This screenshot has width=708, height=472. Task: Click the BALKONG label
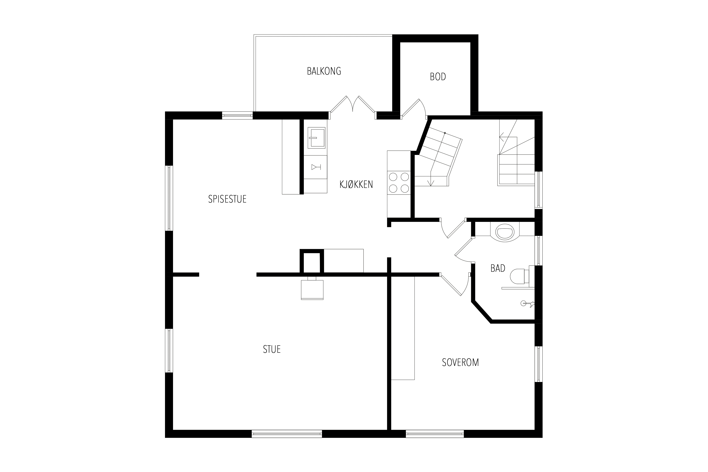(x=324, y=71)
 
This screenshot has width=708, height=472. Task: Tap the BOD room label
(x=438, y=77)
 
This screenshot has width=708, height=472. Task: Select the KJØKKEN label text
(x=356, y=184)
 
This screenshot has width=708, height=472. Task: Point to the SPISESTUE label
(x=227, y=199)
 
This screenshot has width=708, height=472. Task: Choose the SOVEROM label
(x=460, y=362)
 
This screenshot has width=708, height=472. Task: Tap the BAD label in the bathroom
(x=498, y=268)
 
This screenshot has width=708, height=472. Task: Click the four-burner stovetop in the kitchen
(x=399, y=182)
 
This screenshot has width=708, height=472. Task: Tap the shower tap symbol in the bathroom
(x=527, y=303)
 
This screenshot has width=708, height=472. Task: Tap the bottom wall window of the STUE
(x=287, y=434)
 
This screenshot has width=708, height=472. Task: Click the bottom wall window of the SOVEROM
(x=435, y=434)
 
